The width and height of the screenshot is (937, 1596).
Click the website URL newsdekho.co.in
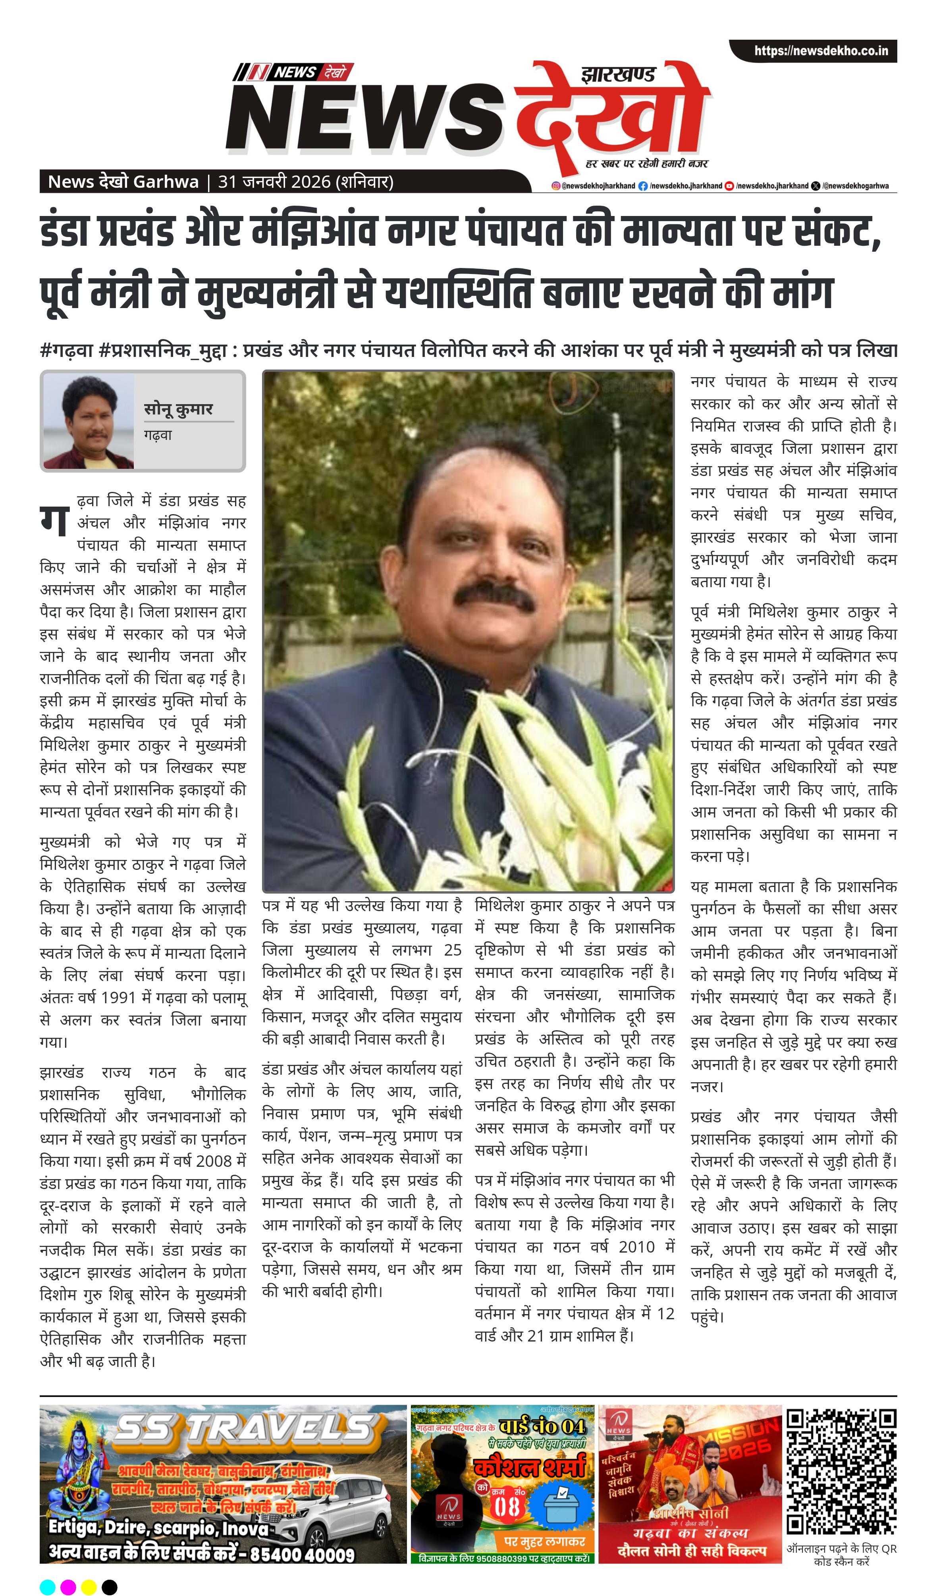click(820, 51)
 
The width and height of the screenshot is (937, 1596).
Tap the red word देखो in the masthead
click(611, 114)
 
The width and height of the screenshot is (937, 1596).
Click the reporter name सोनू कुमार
click(179, 409)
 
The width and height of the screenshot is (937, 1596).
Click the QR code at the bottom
click(841, 1471)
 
